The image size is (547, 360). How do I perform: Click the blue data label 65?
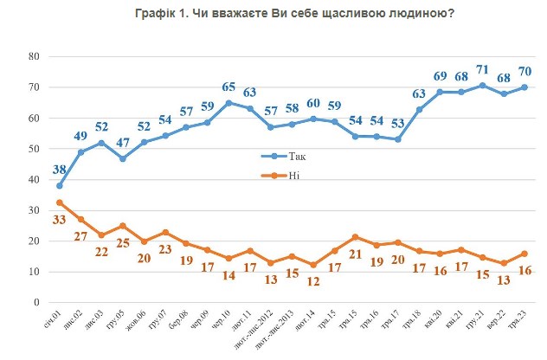228,87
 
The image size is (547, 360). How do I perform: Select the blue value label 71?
482,68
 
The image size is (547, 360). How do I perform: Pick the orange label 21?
356,254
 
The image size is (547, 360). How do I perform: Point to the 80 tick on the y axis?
35,56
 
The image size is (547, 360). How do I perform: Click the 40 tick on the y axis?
35,180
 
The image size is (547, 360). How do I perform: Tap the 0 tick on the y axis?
39,304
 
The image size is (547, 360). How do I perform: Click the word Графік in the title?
157,13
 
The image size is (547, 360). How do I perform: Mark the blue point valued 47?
123,159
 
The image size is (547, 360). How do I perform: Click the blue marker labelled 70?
524,87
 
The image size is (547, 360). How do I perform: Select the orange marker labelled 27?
80,220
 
